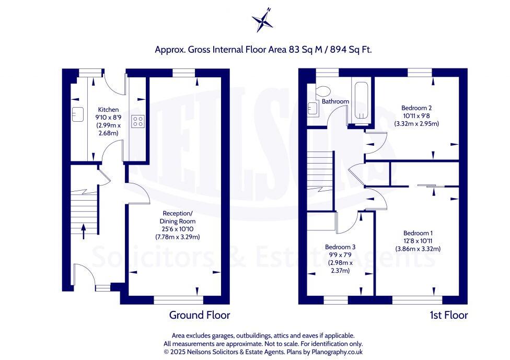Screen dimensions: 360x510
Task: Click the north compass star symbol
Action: pyautogui.click(x=262, y=21)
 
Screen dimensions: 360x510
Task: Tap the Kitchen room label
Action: pyautogui.click(x=109, y=110)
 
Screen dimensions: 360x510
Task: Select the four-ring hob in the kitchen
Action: pyautogui.click(x=138, y=121)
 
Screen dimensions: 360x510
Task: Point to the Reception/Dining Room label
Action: pyautogui.click(x=178, y=217)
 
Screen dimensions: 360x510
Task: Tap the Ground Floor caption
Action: pyautogui.click(x=199, y=315)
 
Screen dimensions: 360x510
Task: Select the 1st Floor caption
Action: pyautogui.click(x=448, y=315)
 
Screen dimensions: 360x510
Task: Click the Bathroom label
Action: pyautogui.click(x=335, y=101)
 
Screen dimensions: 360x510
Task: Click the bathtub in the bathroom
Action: pyautogui.click(x=360, y=102)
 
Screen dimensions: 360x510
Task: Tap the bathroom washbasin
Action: pyautogui.click(x=312, y=108)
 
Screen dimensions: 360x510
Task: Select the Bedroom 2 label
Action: pyautogui.click(x=417, y=108)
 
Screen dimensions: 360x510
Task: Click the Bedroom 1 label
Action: pyautogui.click(x=418, y=233)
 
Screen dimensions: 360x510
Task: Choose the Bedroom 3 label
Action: pyautogui.click(x=340, y=247)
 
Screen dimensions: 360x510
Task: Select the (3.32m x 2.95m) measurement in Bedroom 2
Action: pyautogui.click(x=417, y=124)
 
